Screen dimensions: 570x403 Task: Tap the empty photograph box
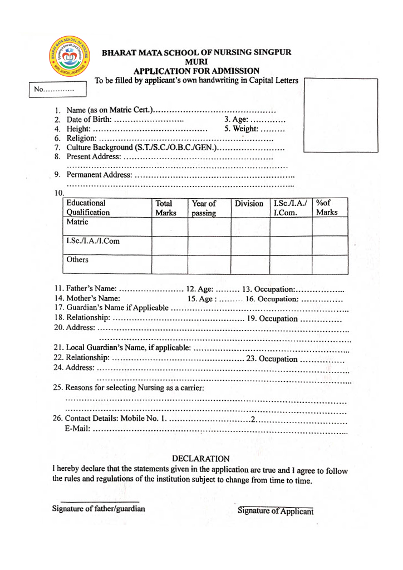click(x=340, y=115)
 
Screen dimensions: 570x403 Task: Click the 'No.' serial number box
click(x=58, y=89)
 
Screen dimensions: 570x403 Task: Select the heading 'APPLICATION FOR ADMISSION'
click(x=196, y=71)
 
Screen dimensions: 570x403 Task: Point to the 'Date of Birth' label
click(x=89, y=120)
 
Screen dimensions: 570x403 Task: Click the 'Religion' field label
click(x=81, y=138)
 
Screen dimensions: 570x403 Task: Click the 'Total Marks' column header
click(x=165, y=208)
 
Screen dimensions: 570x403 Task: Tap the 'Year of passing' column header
click(x=204, y=208)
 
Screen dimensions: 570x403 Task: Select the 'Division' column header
click(x=249, y=204)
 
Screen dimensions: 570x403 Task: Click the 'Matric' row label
click(x=77, y=222)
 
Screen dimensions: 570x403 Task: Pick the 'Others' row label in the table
click(x=77, y=259)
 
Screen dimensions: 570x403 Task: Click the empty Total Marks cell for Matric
click(x=169, y=227)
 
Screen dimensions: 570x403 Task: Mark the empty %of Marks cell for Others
click(x=330, y=264)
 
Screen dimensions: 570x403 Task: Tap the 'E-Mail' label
click(x=77, y=428)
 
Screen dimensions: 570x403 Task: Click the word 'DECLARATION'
click(x=200, y=459)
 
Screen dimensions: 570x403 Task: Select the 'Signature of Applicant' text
click(x=276, y=512)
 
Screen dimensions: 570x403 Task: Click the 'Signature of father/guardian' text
click(x=99, y=509)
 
